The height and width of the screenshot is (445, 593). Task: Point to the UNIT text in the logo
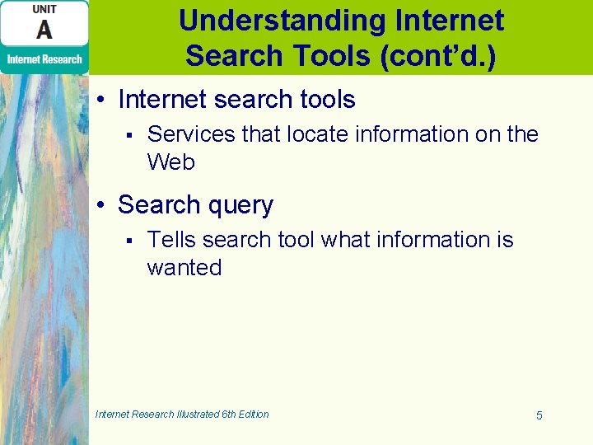tap(44, 8)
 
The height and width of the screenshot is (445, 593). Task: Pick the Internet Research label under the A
tap(44, 59)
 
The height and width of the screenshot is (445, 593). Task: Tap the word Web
tap(170, 162)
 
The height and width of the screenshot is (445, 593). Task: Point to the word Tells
tap(171, 239)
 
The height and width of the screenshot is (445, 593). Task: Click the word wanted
tap(184, 267)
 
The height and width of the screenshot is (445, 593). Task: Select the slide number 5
tap(539, 415)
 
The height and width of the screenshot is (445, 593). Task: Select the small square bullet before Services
tap(128, 134)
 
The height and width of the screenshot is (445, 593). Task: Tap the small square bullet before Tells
tap(128, 240)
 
